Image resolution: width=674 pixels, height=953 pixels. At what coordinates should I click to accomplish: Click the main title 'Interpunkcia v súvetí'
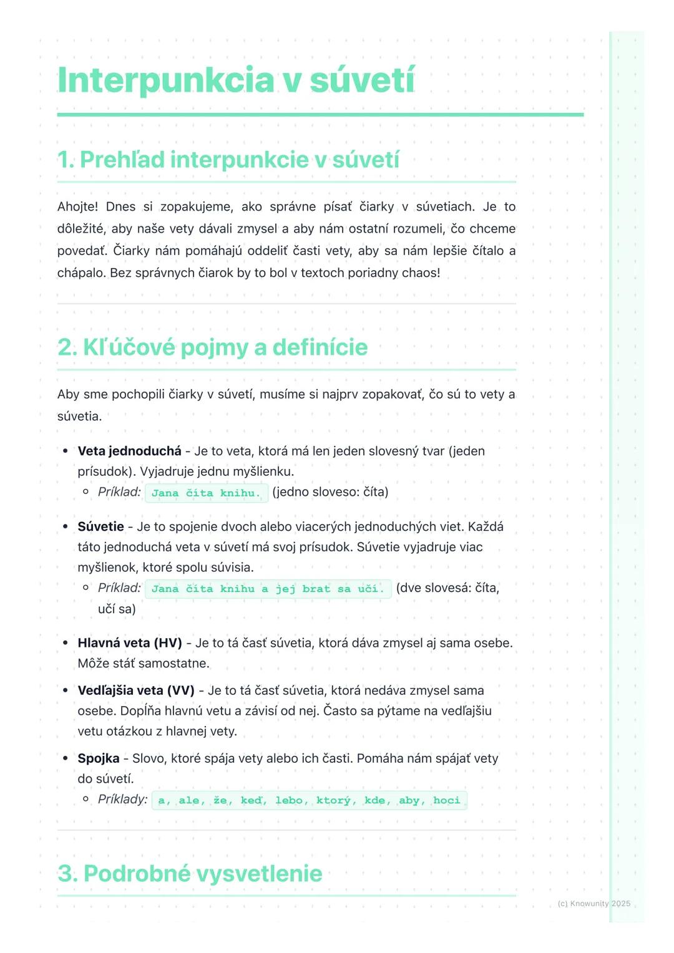tap(236, 80)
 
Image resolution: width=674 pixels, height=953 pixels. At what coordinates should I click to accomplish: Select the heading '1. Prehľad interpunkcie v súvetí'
tap(228, 160)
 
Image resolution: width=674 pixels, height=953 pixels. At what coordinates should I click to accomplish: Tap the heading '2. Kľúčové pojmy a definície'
tap(212, 347)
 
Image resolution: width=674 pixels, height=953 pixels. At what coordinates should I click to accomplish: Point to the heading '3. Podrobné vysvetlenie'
tap(190, 873)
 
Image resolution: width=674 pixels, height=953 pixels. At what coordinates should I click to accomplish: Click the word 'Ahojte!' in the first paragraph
tap(77, 206)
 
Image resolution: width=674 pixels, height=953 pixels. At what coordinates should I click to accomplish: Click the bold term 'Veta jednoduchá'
tap(129, 451)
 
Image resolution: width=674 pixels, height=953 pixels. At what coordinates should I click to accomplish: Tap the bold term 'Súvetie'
tap(100, 526)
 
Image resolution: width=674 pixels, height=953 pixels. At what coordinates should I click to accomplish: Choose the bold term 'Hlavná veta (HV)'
tap(130, 643)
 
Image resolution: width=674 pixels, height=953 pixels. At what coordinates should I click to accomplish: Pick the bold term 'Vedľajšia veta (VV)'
tap(136, 690)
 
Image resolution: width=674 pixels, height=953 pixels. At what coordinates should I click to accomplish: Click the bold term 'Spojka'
tap(98, 758)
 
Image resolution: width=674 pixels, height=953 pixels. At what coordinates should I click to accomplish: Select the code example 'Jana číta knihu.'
tap(206, 493)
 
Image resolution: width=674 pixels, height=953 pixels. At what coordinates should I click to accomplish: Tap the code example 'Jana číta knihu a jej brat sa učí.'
tap(268, 589)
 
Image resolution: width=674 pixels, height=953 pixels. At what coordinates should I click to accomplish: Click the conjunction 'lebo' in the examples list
tap(289, 800)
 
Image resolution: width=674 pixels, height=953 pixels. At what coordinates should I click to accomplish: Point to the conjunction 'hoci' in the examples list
tap(446, 800)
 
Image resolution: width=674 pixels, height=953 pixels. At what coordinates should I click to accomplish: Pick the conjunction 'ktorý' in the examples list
tap(333, 800)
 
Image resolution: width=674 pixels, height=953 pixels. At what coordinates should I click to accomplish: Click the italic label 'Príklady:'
tap(122, 800)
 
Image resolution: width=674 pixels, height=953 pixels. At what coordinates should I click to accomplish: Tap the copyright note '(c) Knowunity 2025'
tap(593, 904)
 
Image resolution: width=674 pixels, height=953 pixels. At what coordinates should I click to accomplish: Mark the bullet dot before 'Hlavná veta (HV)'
tap(65, 643)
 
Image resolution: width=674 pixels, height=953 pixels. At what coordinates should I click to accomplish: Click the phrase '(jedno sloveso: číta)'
tap(330, 492)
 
